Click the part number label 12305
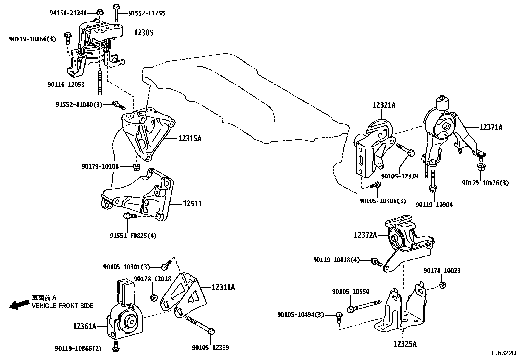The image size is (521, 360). [x=143, y=33]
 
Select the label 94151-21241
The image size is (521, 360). [x=68, y=13]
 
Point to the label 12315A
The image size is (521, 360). [x=190, y=139]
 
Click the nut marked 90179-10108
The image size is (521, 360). [x=136, y=167]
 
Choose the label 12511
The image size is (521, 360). [x=192, y=204]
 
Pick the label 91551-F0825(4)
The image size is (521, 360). [x=133, y=235]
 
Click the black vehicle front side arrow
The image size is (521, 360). [x=19, y=305]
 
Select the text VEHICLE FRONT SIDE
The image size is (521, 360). [x=63, y=306]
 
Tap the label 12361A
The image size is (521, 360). [x=84, y=326]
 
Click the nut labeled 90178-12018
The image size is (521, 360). [x=153, y=297]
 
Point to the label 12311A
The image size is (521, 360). [x=223, y=287]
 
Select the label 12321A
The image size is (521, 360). [x=384, y=105]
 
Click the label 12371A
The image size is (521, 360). [x=491, y=127]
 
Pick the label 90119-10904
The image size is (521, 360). [x=434, y=205]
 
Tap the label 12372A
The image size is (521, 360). [x=365, y=235]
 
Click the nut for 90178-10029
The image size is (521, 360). [x=441, y=285]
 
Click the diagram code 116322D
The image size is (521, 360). [x=503, y=353]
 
